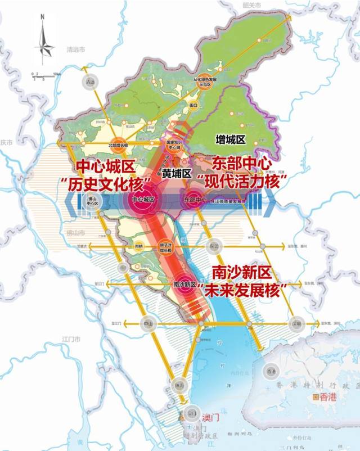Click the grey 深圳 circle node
(x=296, y=324)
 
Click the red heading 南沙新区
(x=242, y=273)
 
